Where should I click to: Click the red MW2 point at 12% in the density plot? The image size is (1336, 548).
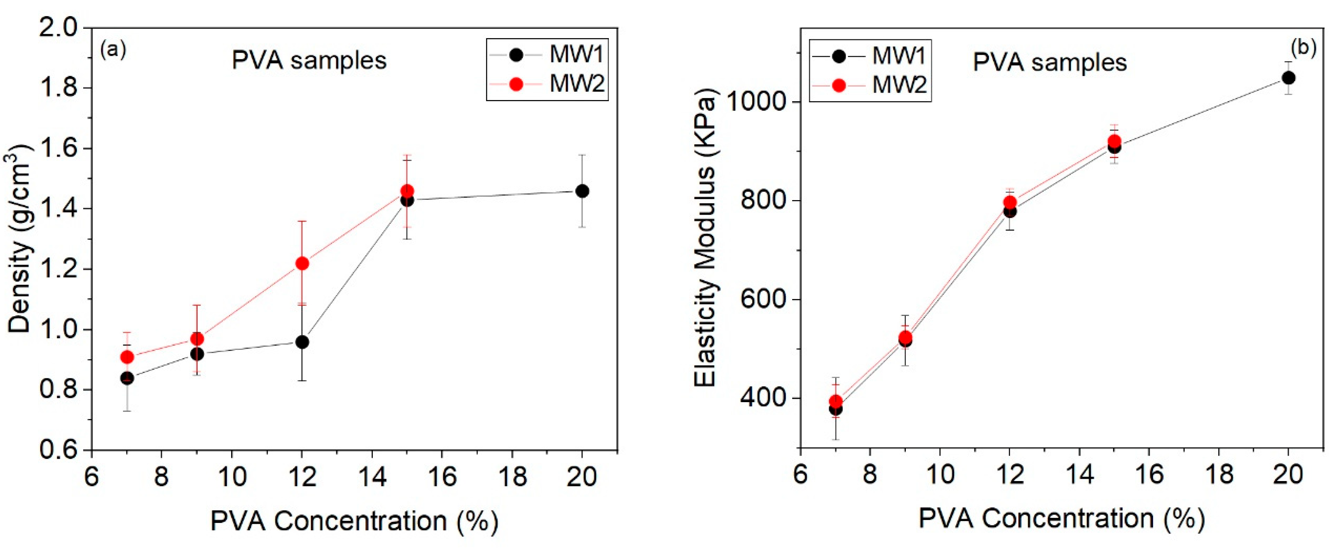click(302, 263)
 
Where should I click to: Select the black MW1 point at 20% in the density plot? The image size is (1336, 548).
click(582, 191)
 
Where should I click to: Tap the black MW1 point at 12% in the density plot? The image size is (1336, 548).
click(302, 342)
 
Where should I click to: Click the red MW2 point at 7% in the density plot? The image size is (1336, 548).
click(127, 357)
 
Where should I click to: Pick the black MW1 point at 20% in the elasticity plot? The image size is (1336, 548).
click(1288, 78)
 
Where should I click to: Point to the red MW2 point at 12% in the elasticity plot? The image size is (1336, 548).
click(1010, 202)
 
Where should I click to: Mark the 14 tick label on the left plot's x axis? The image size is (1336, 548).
click(371, 476)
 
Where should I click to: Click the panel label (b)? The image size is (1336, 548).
click(1303, 48)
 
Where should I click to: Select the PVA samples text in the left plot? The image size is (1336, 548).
click(309, 61)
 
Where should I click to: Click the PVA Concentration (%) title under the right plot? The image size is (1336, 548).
click(1062, 518)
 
